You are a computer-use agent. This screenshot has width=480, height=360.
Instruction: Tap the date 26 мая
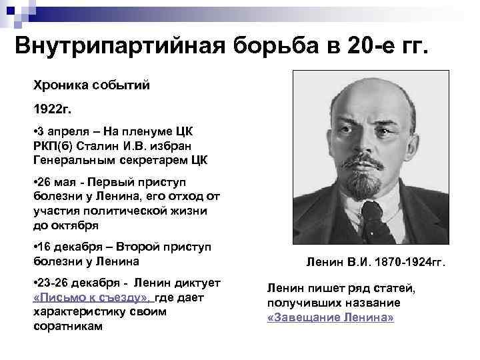click(59, 183)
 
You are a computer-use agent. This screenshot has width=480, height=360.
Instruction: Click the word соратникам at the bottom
click(68, 326)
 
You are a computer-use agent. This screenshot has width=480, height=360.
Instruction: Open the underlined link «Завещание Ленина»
click(330, 317)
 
